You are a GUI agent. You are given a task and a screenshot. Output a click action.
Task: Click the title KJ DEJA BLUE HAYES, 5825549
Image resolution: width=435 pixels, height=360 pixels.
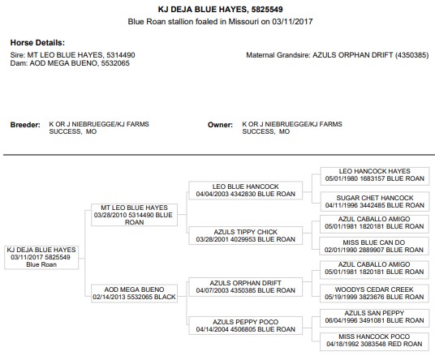click(220, 10)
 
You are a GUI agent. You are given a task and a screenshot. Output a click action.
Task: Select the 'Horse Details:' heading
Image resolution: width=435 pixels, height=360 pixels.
click(37, 43)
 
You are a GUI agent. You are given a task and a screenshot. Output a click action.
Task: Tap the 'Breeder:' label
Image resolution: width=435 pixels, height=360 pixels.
click(25, 125)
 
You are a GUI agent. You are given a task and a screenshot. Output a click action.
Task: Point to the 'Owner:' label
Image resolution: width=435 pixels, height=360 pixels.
click(220, 125)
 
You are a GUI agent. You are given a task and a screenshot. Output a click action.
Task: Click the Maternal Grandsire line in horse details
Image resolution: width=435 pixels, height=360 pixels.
click(338, 55)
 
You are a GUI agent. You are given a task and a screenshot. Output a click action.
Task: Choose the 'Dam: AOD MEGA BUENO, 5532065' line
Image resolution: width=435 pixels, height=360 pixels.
click(70, 63)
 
